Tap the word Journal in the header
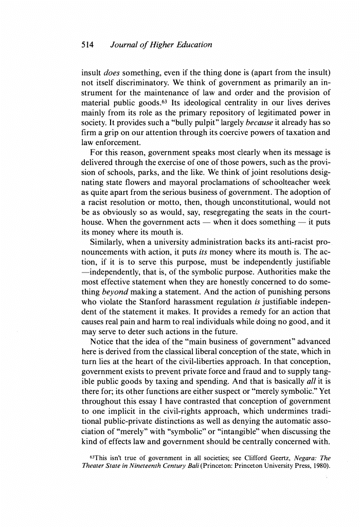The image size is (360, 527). (x=124, y=45)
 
